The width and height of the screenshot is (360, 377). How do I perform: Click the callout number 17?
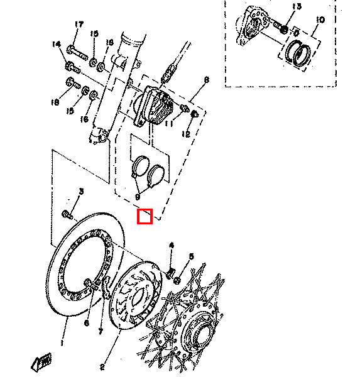coord(79,25)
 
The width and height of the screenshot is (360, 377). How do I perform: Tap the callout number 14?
coord(56,45)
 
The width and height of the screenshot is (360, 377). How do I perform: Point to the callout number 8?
coord(205,80)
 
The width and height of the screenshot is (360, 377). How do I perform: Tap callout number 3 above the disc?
coord(80,190)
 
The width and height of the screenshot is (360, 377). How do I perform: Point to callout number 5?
coord(192,256)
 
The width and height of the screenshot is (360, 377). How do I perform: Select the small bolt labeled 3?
coord(67,215)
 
